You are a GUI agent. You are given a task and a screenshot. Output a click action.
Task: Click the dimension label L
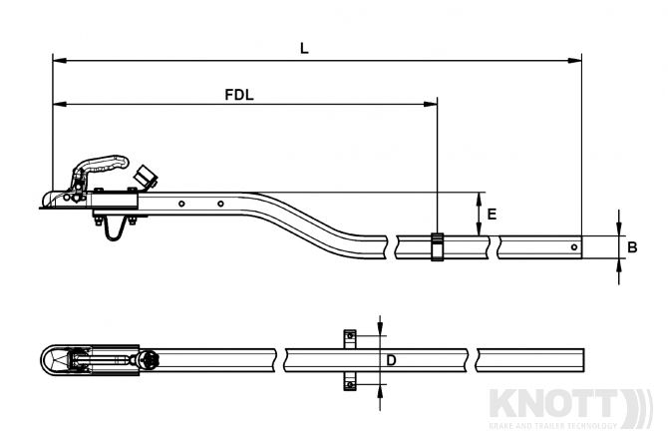(x=303, y=46)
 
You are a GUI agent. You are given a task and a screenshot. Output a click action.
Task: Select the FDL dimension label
(x=237, y=95)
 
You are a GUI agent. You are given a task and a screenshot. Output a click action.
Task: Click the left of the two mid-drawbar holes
(x=181, y=204)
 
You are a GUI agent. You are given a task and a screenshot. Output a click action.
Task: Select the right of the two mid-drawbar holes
(x=220, y=204)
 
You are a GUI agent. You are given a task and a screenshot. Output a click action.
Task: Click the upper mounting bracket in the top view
(x=348, y=336)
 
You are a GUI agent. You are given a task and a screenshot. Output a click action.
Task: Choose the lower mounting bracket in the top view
(x=348, y=381)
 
